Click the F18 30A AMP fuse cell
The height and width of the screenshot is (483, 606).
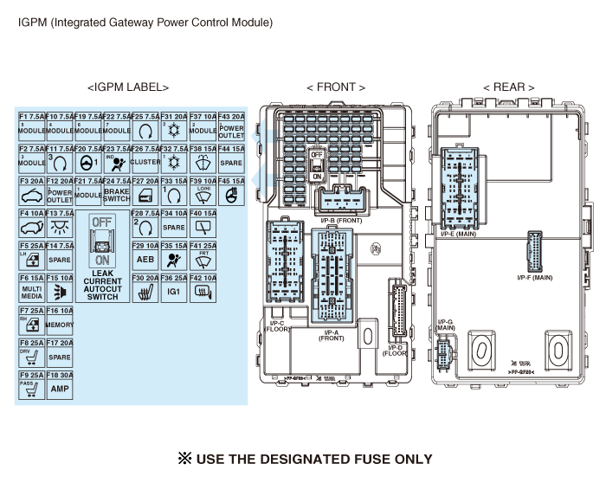click(x=60, y=384)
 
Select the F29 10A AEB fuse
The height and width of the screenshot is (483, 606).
click(x=145, y=254)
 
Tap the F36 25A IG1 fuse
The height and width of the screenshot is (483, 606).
click(x=174, y=287)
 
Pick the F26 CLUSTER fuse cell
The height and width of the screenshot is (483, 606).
click(x=145, y=158)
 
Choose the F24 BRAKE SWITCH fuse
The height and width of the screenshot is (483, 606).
click(x=117, y=190)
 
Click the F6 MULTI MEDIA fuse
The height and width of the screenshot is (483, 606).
click(x=31, y=287)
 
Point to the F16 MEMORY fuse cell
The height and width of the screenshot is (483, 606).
click(x=60, y=319)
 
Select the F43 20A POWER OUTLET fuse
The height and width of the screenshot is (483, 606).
click(x=231, y=126)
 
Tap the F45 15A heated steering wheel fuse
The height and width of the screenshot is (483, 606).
click(x=231, y=190)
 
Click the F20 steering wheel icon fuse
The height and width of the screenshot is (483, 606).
click(x=88, y=158)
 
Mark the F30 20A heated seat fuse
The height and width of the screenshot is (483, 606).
click(x=145, y=287)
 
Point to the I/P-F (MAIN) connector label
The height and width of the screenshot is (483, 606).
click(x=534, y=278)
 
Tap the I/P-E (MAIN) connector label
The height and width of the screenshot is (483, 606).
click(x=458, y=233)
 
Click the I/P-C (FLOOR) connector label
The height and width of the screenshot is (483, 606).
click(x=277, y=326)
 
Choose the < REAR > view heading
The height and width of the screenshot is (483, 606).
click(x=508, y=87)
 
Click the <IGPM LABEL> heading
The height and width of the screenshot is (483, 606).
click(x=128, y=87)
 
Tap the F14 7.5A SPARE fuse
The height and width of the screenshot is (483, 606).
click(x=60, y=254)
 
